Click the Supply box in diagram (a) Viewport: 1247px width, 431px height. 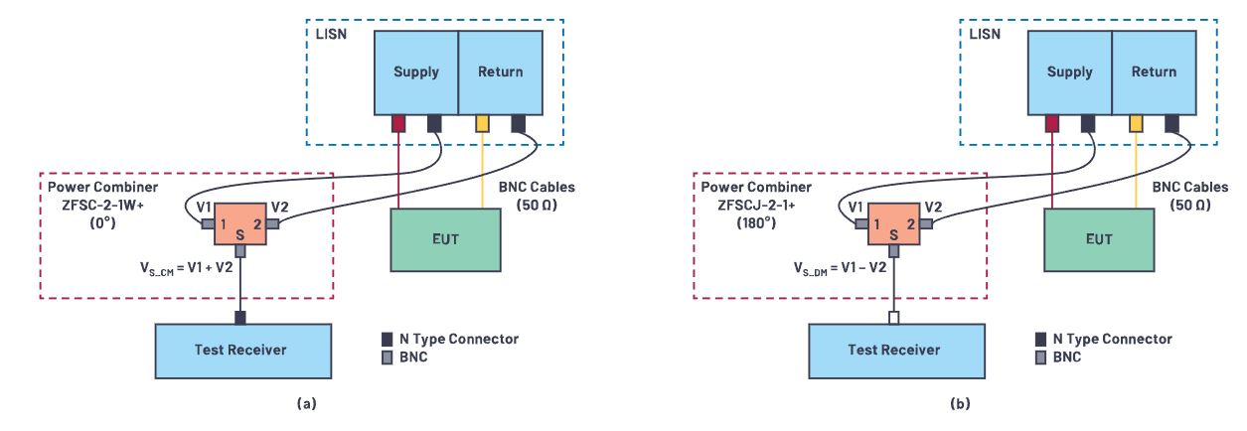click(415, 72)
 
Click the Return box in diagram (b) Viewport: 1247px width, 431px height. click(1154, 72)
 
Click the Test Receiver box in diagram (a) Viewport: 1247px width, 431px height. click(239, 349)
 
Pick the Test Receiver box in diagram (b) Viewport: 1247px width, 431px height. click(893, 349)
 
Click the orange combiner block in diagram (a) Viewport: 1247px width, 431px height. click(239, 224)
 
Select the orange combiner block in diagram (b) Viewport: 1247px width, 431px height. click(893, 224)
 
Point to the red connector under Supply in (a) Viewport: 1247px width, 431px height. click(398, 123)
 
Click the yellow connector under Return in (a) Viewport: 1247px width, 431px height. click(482, 123)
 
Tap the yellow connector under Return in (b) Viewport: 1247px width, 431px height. click(1136, 123)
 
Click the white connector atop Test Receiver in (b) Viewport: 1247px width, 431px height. click(893, 318)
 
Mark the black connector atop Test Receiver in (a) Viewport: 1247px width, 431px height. click(239, 318)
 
